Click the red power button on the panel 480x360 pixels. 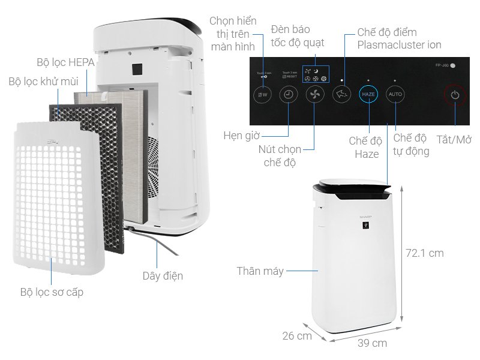(455, 95)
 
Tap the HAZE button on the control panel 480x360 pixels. (368, 95)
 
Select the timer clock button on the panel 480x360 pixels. (289, 94)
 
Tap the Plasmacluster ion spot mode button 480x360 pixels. (341, 94)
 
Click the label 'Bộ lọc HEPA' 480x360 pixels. (65, 62)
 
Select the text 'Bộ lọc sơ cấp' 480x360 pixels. (52, 292)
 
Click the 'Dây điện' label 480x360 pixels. (163, 276)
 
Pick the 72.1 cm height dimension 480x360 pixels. (424, 253)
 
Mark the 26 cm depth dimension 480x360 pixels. (297, 335)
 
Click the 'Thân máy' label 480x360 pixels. (260, 271)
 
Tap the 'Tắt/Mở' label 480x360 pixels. (454, 140)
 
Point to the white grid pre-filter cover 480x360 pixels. (54, 198)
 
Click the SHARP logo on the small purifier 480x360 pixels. (365, 214)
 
